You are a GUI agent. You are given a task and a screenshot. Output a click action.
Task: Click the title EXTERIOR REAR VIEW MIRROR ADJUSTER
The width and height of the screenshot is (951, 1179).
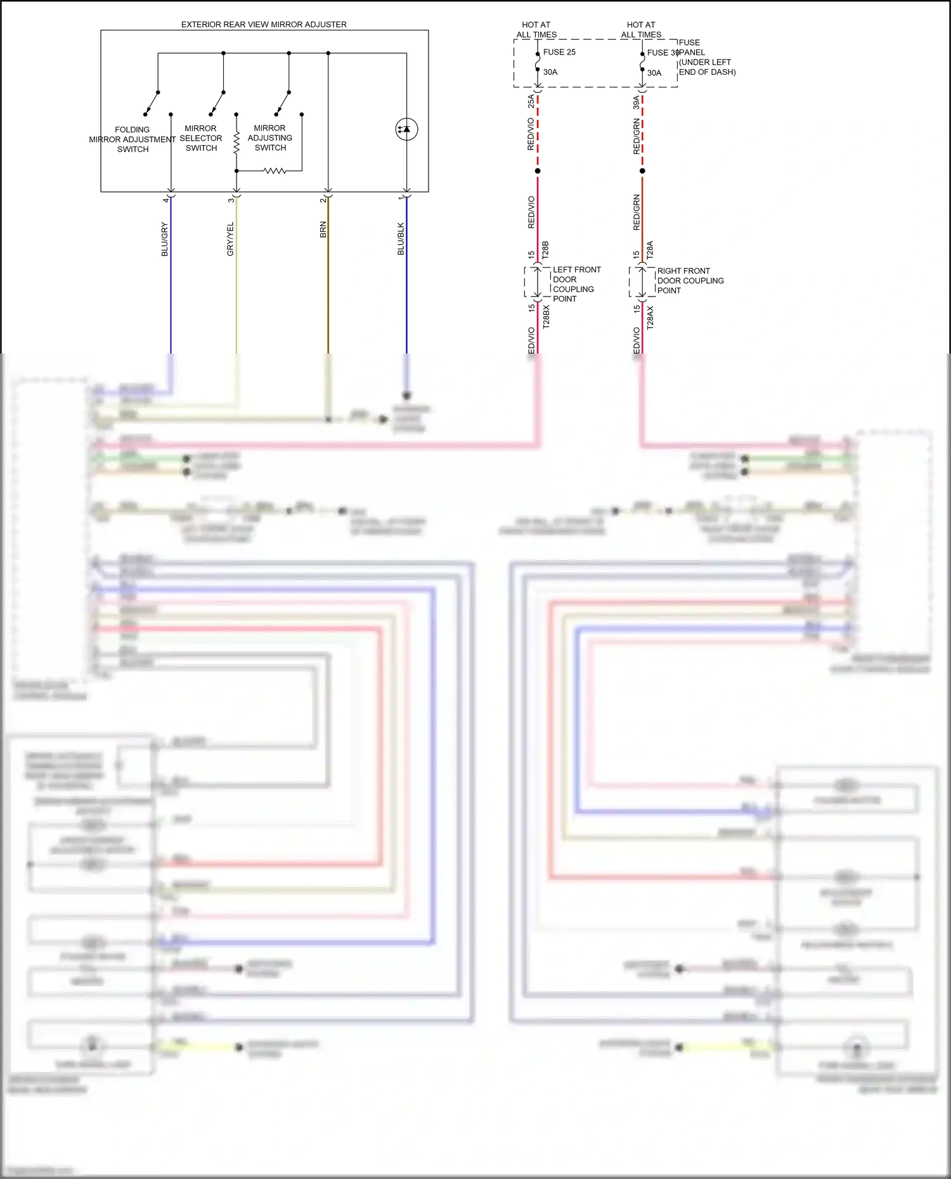click(264, 25)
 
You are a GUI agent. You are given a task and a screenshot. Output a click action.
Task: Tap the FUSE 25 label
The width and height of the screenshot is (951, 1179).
click(559, 52)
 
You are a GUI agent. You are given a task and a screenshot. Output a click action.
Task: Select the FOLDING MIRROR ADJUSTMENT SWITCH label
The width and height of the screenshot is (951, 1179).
click(133, 139)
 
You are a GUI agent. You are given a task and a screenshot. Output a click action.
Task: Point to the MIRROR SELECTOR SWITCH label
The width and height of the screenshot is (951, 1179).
click(201, 138)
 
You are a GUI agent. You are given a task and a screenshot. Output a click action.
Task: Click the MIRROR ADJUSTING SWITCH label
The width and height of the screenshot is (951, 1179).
click(270, 138)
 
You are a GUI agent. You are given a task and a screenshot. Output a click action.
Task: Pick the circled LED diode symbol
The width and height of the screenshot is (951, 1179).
click(406, 129)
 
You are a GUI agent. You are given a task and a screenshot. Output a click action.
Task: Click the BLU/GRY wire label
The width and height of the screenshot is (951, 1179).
click(165, 239)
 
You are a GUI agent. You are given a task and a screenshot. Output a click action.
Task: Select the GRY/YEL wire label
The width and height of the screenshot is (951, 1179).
click(231, 239)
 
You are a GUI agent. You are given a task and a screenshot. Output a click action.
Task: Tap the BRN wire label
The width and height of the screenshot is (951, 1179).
click(323, 229)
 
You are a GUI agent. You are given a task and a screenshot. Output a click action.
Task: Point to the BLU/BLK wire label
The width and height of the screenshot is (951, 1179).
click(401, 239)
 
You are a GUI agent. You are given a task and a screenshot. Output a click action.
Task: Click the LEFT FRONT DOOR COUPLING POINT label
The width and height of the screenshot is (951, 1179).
click(576, 284)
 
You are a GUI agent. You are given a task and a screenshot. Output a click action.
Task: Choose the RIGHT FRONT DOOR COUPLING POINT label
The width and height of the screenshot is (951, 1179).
click(690, 281)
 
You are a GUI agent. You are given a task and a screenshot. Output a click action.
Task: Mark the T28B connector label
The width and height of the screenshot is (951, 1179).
click(545, 250)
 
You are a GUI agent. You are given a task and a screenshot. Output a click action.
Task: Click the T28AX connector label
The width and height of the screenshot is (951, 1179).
click(650, 317)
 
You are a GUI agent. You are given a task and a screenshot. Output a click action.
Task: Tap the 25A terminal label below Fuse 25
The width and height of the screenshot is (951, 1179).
click(531, 101)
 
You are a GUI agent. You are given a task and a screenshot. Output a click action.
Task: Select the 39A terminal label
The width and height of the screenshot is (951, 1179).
click(637, 102)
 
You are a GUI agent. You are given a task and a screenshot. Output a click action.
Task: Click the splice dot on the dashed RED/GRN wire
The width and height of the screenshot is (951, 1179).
click(642, 171)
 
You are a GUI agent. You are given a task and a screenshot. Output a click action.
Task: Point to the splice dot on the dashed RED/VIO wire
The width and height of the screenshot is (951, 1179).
click(538, 171)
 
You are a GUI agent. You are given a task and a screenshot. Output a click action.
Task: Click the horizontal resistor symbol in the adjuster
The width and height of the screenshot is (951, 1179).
click(275, 170)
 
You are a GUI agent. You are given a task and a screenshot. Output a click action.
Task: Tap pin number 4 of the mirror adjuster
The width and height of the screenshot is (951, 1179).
click(165, 200)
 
